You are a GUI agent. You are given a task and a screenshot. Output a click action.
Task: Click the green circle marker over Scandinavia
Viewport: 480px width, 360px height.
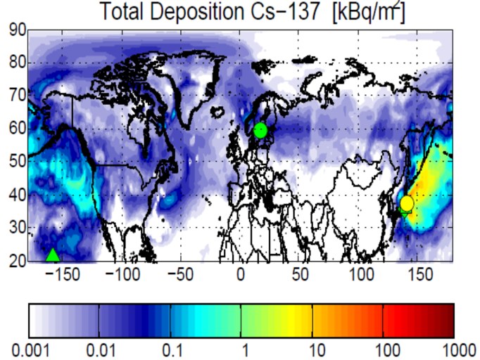pyautogui.click(x=260, y=130)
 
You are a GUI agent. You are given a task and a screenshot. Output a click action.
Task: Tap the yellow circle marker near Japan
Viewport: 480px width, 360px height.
pyautogui.click(x=406, y=203)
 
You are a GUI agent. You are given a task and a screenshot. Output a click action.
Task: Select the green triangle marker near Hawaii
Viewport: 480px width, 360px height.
pyautogui.click(x=53, y=255)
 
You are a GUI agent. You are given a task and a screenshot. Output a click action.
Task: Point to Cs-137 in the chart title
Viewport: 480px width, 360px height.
pyautogui.click(x=284, y=12)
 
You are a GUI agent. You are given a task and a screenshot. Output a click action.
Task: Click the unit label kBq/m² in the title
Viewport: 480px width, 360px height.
pyautogui.click(x=366, y=12)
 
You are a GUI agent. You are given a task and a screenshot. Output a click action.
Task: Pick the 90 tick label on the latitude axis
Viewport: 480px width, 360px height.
pyautogui.click(x=18, y=31)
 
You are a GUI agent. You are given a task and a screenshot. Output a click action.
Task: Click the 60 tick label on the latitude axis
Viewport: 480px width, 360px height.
pyautogui.click(x=18, y=129)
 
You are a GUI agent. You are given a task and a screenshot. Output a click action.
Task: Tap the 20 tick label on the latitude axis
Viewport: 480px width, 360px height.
pyautogui.click(x=18, y=261)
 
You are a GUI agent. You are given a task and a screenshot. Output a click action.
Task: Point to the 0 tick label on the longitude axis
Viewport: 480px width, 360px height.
pyautogui.click(x=241, y=273)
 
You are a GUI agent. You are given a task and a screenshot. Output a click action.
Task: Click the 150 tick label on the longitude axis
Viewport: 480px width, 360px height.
pyautogui.click(x=422, y=273)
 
